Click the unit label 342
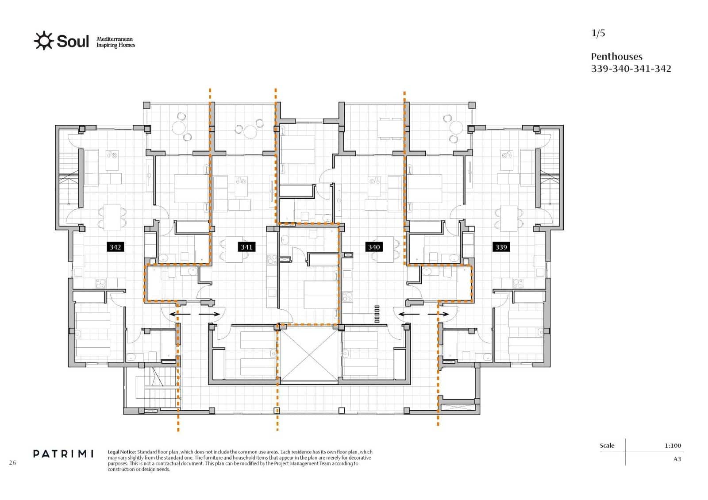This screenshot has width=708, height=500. coord(115,247)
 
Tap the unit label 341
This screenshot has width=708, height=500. coord(246,247)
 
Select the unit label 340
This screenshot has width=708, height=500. coord(374,247)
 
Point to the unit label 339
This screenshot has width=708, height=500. coord(501,247)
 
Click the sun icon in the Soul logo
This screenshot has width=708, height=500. coord(43,41)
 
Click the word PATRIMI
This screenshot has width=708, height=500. coord(63,454)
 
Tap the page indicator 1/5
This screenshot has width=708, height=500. coord(598,33)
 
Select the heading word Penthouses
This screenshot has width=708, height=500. coord(616,57)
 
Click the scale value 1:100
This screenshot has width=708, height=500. coord(673,446)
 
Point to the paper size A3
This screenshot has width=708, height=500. coord(677,459)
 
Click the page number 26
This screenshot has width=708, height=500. coord(12,462)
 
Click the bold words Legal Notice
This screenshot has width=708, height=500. coord(122,452)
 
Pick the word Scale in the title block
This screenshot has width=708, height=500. coord(607,446)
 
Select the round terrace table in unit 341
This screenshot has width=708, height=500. coord(249,131)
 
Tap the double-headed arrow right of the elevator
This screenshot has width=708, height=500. coord(424,314)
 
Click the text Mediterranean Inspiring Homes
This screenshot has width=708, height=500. coord(115,42)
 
